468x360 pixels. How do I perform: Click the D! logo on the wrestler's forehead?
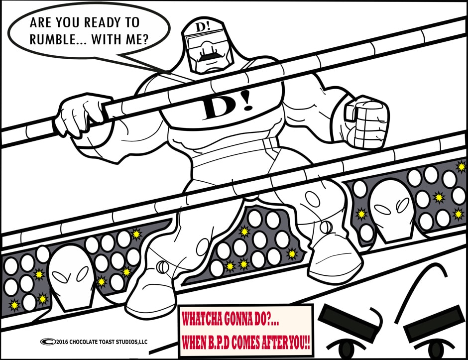[x=203, y=26]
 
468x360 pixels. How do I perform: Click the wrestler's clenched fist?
[x=367, y=122]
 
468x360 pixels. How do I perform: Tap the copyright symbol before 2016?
[x=48, y=342]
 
